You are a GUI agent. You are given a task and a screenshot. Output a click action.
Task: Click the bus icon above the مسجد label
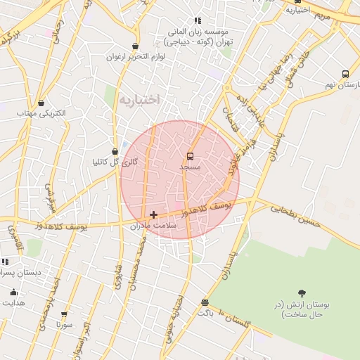click(190, 156)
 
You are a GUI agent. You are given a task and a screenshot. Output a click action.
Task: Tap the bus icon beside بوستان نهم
click(345, 74)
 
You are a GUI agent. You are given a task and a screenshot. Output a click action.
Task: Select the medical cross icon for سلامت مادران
click(153, 214)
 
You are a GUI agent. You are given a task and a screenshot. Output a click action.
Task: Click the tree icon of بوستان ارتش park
click(302, 292)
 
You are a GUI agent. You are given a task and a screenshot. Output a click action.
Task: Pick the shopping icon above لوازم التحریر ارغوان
click(135, 46)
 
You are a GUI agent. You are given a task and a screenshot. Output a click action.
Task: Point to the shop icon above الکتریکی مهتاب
click(41, 103)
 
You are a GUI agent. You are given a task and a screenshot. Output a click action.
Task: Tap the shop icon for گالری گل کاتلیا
click(115, 151)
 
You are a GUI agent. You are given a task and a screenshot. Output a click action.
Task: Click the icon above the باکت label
click(205, 302)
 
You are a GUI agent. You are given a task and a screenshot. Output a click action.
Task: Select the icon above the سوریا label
click(64, 314)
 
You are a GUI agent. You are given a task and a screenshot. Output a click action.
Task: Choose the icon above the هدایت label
click(13, 292)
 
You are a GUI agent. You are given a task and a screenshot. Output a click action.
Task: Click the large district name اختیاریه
click(139, 100)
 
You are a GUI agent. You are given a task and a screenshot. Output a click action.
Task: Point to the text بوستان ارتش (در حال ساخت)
click(302, 309)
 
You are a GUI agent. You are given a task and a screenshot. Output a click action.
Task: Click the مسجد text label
click(190, 167)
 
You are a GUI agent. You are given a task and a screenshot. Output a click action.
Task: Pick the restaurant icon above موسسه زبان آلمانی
click(198, 20)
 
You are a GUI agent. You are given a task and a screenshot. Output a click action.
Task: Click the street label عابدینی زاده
click(251, 110)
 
